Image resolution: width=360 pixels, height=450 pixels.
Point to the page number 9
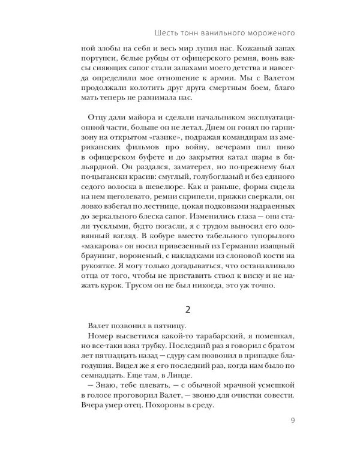point(292,420)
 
